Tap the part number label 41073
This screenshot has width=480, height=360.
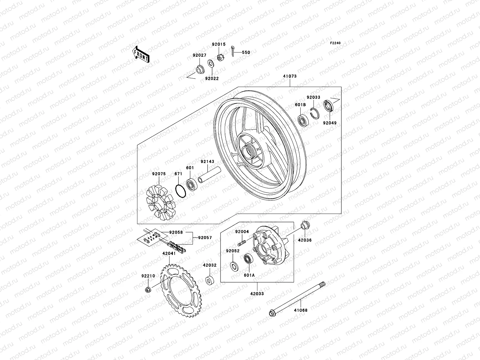(x=289, y=76)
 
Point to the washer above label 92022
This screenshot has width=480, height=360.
(x=211, y=64)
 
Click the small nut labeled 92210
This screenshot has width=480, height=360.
(x=148, y=289)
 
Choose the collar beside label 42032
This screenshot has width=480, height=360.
(x=209, y=280)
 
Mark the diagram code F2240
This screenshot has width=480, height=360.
(x=335, y=43)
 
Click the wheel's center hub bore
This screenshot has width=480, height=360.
(x=250, y=150)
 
